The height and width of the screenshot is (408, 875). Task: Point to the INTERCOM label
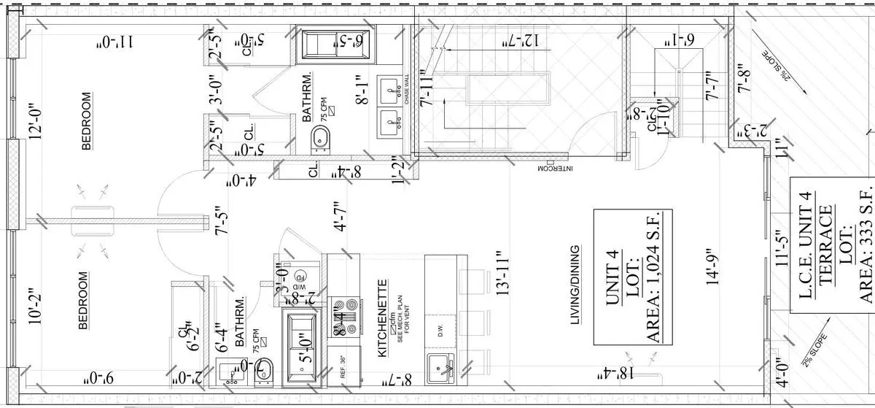(x=553, y=168)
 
